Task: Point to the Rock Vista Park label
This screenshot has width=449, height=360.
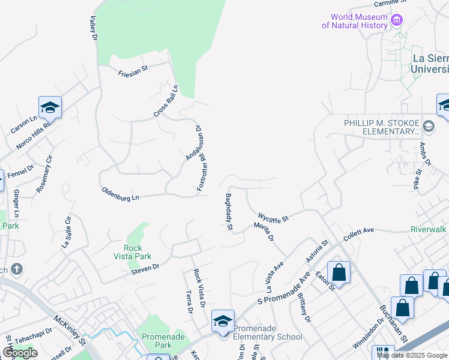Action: pos(133,252)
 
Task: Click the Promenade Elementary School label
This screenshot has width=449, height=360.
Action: pos(268,337)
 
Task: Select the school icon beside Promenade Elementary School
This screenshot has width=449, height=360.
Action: pos(222,322)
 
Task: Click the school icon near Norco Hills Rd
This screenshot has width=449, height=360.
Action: pos(50,107)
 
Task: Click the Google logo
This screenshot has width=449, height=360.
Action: pos(20,353)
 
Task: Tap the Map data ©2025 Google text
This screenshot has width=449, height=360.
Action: pos(412,355)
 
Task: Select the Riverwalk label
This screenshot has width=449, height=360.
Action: pos(429,229)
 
